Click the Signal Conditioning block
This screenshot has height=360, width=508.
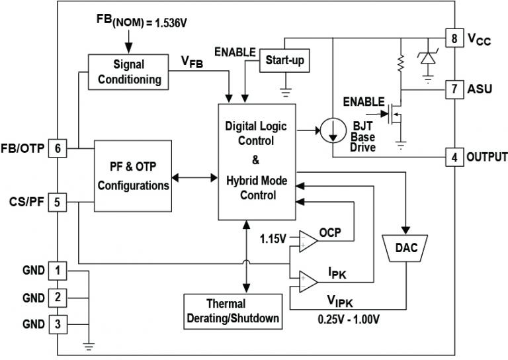[128, 72]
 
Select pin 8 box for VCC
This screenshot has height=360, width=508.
[454, 38]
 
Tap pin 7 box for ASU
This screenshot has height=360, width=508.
[454, 88]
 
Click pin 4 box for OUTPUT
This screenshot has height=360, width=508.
[454, 157]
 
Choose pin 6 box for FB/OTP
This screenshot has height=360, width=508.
[58, 148]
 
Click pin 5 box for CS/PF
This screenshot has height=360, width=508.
[58, 202]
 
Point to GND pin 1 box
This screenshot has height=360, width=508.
[58, 270]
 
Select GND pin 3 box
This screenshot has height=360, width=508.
[58, 324]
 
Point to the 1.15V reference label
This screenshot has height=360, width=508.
[273, 238]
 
